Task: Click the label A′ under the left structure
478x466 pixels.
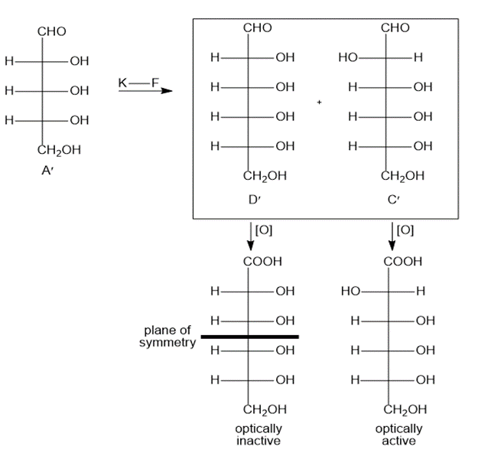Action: click(47, 170)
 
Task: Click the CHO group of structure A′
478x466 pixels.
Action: click(51, 31)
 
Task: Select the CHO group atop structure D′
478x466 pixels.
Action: click(257, 28)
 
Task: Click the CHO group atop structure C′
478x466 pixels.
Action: click(395, 28)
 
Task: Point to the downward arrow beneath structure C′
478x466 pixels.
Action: click(392, 236)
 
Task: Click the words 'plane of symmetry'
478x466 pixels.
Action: click(167, 335)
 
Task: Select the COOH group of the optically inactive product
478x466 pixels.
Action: click(263, 261)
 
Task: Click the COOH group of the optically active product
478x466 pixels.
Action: click(403, 261)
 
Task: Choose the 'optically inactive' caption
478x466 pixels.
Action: click(259, 435)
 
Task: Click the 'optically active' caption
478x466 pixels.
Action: click(399, 435)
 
